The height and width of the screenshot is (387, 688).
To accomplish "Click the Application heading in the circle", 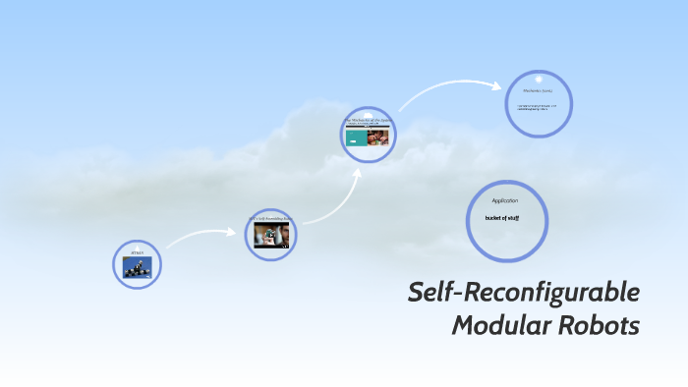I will coord(505,200).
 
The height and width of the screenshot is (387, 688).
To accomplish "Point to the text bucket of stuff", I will coord(502,218).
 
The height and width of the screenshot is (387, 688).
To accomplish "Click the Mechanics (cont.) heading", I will coord(539,93).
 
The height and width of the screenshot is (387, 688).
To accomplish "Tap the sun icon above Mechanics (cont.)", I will coord(539,79).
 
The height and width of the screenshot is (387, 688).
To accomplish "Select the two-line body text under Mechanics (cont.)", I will coord(537,108).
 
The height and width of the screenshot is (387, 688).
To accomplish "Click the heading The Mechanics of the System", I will coord(369,119).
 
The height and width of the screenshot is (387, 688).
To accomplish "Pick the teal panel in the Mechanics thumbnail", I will coord(358,137).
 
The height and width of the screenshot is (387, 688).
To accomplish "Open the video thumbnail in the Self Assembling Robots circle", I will coord(271,235).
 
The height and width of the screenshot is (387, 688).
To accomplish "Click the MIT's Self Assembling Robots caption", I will coord(270,219).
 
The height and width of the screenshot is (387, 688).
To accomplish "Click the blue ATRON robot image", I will coord(138,266).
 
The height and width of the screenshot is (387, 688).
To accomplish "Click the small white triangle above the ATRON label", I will coord(138,247).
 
